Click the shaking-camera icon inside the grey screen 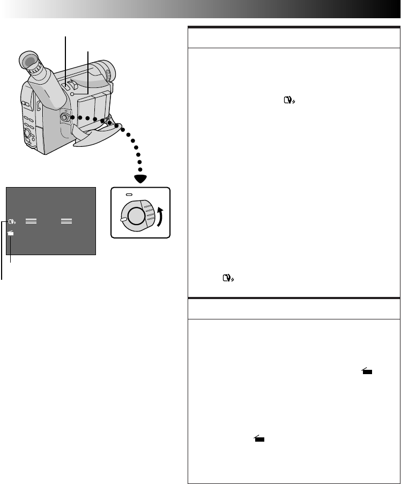12,221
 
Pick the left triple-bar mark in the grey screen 31,220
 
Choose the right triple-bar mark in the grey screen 67,220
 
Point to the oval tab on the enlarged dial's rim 124,219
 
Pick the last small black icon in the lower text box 259,438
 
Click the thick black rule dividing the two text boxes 294,297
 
